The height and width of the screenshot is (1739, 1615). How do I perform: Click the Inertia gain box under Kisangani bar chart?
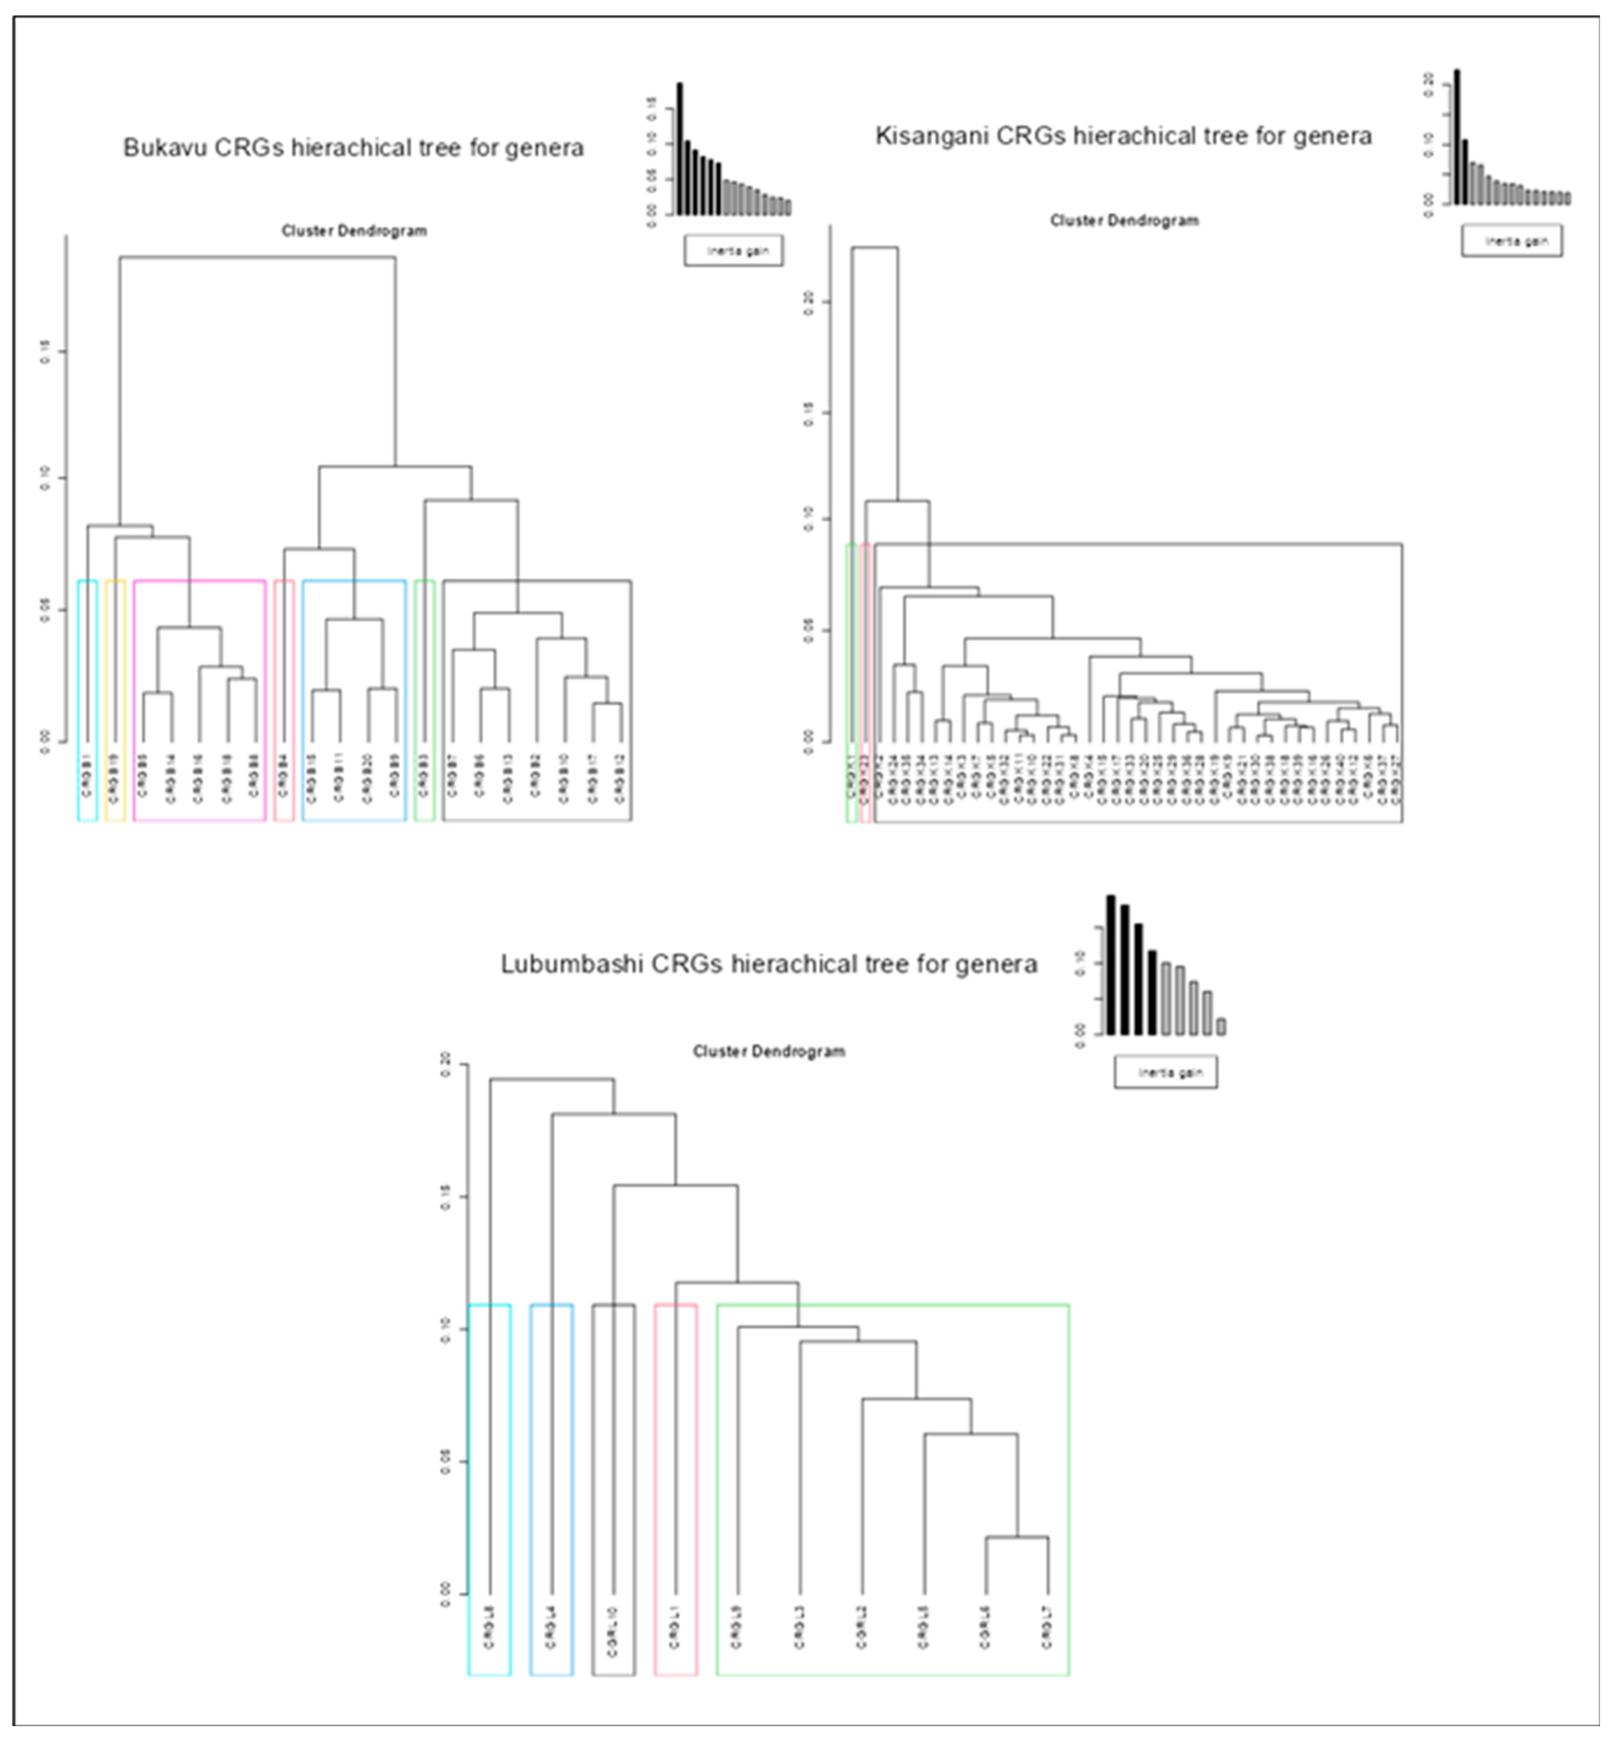tap(1511, 241)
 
